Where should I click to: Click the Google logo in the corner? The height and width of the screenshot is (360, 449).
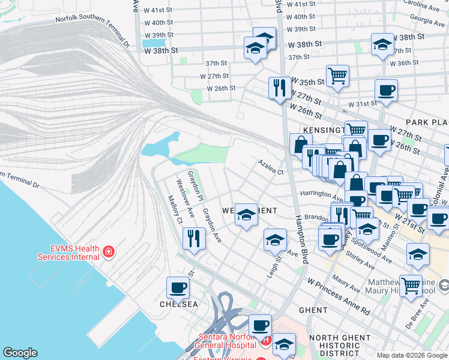(20, 353)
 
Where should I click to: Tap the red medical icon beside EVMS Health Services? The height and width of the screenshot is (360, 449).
(109, 251)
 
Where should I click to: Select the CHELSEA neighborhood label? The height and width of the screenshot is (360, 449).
(178, 304)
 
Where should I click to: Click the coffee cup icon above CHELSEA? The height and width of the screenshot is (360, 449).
(178, 288)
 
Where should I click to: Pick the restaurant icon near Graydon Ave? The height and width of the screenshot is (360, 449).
(194, 239)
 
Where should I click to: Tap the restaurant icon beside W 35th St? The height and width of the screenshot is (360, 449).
(280, 88)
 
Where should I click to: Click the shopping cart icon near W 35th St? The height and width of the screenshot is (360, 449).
(337, 76)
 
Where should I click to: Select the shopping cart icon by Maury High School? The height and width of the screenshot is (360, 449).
(411, 286)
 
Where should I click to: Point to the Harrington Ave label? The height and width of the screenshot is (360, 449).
(321, 194)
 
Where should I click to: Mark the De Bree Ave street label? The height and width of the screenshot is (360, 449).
(433, 316)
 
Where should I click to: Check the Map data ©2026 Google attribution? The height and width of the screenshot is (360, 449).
(412, 355)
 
